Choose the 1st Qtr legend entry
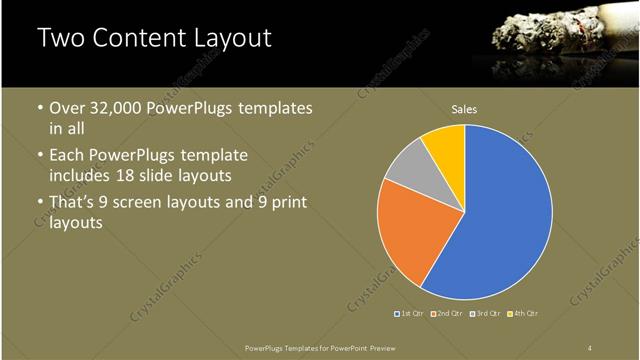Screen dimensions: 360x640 (409, 314)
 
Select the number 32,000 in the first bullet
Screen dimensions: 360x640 (116, 108)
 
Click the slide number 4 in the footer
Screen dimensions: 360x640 (590, 347)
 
